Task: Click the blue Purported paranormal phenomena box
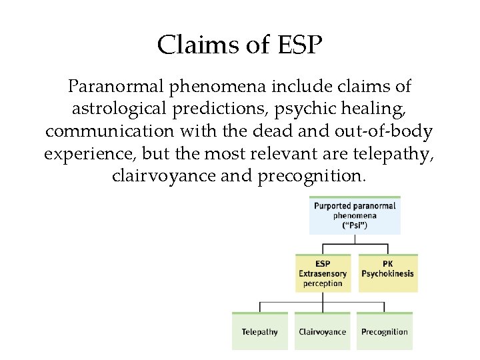pos(355,215)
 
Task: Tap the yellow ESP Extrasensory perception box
pos(323,273)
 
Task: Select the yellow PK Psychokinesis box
pos(387,273)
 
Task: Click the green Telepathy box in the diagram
pos(260,331)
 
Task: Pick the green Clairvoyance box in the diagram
pos(323,331)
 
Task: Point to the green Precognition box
pos(384,331)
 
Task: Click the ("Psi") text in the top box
pos(355,225)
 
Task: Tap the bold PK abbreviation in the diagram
pos(387,264)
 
